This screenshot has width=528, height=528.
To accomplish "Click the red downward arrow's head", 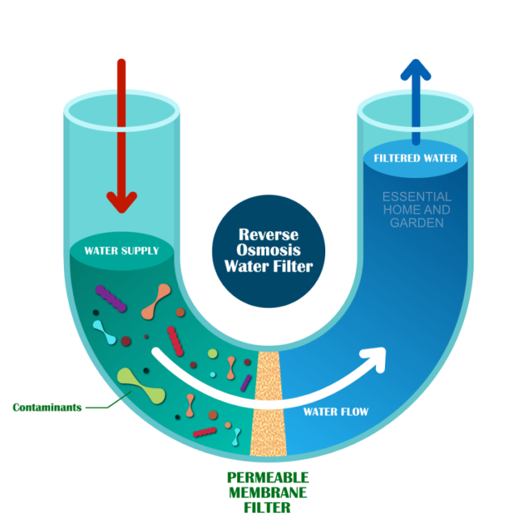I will pos(122,201).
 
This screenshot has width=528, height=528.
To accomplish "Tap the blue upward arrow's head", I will pos(415,70).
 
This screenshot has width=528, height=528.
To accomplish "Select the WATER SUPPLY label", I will pos(122,251).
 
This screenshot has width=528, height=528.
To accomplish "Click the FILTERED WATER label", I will pos(415,158).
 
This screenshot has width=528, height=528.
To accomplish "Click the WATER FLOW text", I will pos(336,412).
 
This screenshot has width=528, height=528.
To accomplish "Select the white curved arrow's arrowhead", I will pos(375,357).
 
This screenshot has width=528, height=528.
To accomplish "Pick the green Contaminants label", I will pos(47,407).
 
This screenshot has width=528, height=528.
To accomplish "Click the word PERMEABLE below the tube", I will pos(267,477).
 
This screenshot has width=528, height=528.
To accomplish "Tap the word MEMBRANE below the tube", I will pos(267,493).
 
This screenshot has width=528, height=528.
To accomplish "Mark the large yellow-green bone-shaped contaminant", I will pos(142,386).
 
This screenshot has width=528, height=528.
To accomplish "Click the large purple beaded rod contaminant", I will pos(111,297).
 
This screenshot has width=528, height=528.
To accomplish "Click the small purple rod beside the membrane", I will pos(245,382).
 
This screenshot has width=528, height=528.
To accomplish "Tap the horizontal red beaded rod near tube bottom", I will pos(205,432).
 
